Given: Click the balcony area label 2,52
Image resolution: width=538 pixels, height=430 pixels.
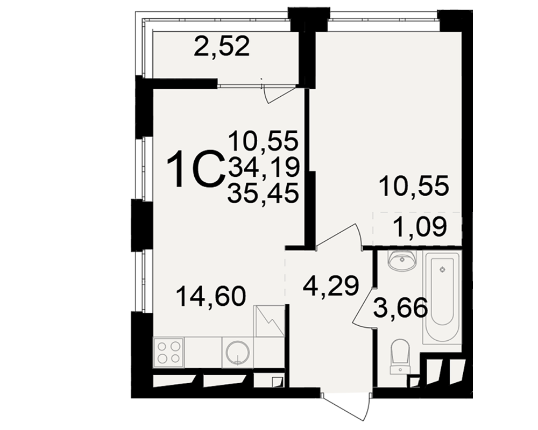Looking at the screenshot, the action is [x=221, y=46].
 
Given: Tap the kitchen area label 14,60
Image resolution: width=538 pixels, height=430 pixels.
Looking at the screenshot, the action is [x=211, y=296].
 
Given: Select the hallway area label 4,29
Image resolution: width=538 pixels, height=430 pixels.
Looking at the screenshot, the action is [x=331, y=285].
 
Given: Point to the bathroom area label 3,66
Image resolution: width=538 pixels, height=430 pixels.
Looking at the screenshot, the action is [x=401, y=307].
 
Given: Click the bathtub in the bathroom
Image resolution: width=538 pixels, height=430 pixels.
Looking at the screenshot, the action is [x=441, y=297].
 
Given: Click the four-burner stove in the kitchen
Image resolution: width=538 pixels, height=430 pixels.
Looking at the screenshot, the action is [x=169, y=352].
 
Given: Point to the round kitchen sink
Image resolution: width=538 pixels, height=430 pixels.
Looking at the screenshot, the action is [x=238, y=352].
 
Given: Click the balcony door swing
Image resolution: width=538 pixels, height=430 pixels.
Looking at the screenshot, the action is [x=279, y=94].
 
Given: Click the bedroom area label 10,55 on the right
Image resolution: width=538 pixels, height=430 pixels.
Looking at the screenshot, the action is [x=414, y=185].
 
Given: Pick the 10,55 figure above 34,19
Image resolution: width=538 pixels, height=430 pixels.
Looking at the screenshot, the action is [x=264, y=140].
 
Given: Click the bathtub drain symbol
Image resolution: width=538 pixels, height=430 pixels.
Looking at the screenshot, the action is [x=442, y=269].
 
